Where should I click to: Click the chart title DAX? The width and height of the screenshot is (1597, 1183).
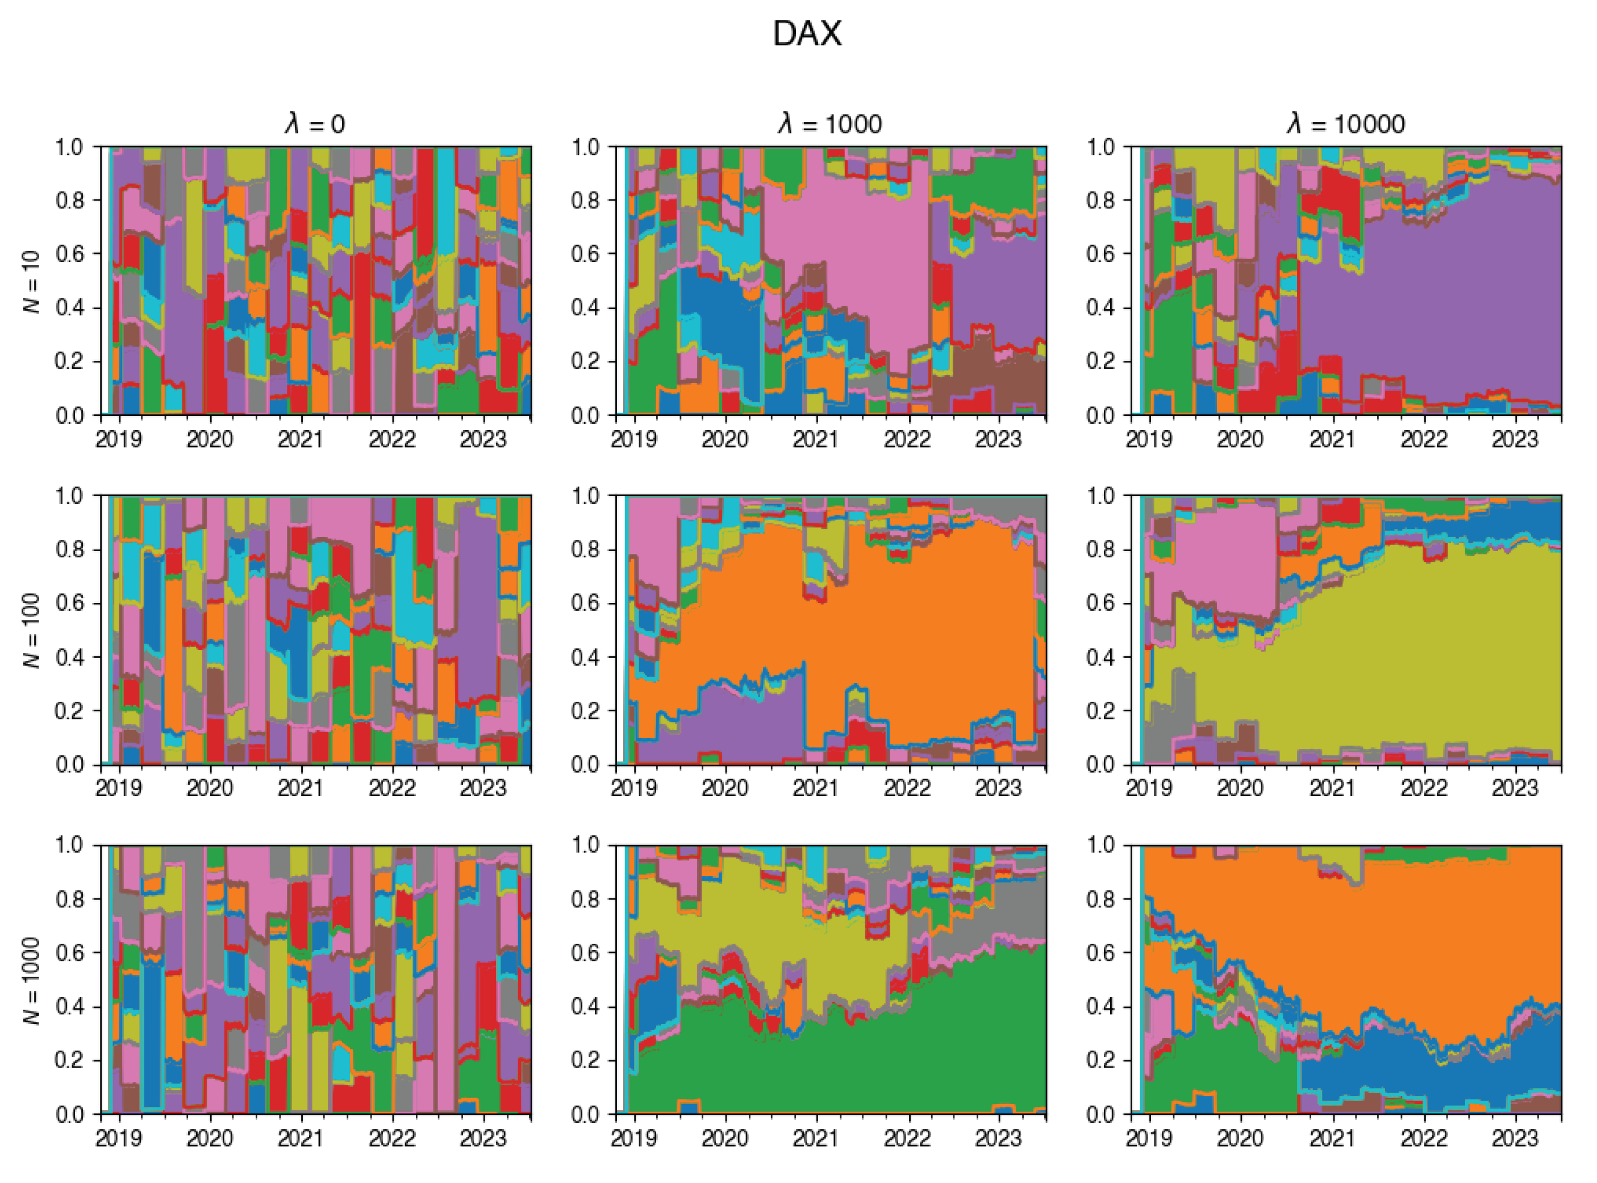click(x=807, y=34)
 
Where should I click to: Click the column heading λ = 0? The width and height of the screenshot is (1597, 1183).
click(x=314, y=124)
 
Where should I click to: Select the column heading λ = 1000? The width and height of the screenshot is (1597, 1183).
click(x=831, y=124)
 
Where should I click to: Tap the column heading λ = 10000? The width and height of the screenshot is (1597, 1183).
click(x=1346, y=124)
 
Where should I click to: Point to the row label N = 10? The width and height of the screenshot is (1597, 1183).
click(x=32, y=281)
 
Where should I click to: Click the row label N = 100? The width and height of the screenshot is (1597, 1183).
click(x=32, y=630)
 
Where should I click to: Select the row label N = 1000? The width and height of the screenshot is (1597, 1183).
click(x=32, y=980)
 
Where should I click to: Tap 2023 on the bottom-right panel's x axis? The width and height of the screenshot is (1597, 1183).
click(x=1515, y=1138)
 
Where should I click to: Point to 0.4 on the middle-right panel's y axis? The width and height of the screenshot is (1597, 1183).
click(x=1100, y=657)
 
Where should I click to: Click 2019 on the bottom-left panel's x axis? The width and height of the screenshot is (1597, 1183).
click(x=119, y=1138)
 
